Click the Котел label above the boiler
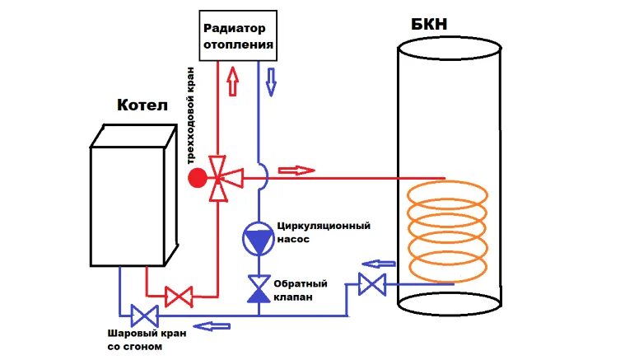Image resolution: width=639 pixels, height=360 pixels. tap(142, 107)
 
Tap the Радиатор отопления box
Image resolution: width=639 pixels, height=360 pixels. tap(236, 36)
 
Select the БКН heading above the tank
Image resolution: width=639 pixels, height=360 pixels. tap(429, 24)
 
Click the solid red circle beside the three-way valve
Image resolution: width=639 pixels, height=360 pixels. tap(197, 177)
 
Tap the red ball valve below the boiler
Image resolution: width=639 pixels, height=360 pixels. tap(179, 295)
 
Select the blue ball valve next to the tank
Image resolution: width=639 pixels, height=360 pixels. tap(373, 285)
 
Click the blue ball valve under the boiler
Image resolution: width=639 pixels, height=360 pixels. tap(146, 315)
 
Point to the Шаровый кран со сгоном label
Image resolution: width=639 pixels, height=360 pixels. tap(147, 340)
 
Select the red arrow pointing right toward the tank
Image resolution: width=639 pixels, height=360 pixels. tap(296, 171)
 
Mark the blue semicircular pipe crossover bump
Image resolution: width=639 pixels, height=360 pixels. tap(262, 173)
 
